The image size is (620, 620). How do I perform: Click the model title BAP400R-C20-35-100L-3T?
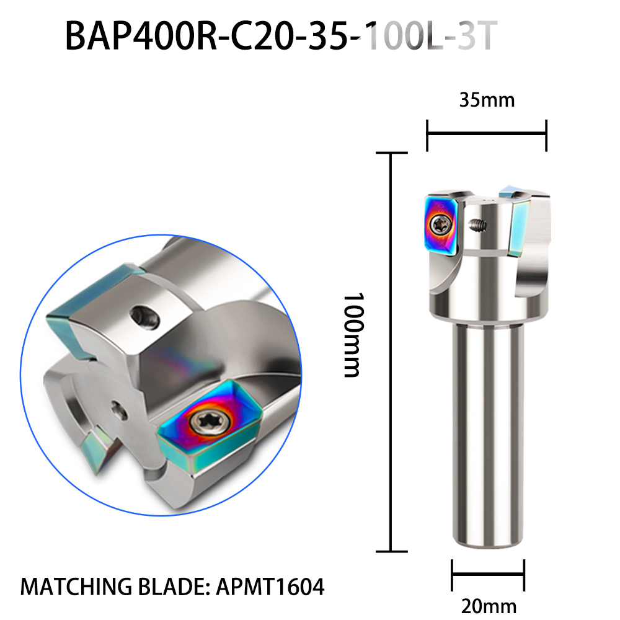pyautogui.click(x=281, y=37)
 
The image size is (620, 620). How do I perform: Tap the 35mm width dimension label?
pyautogui.click(x=487, y=100)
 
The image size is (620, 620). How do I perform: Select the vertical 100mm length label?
pyautogui.click(x=352, y=335)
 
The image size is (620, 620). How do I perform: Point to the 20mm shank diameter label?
pyautogui.click(x=489, y=606)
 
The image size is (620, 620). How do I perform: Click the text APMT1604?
pyautogui.click(x=270, y=587)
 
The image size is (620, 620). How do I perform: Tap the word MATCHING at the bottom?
pyautogui.click(x=76, y=587)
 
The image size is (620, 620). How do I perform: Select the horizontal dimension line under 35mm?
pyautogui.click(x=487, y=135)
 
